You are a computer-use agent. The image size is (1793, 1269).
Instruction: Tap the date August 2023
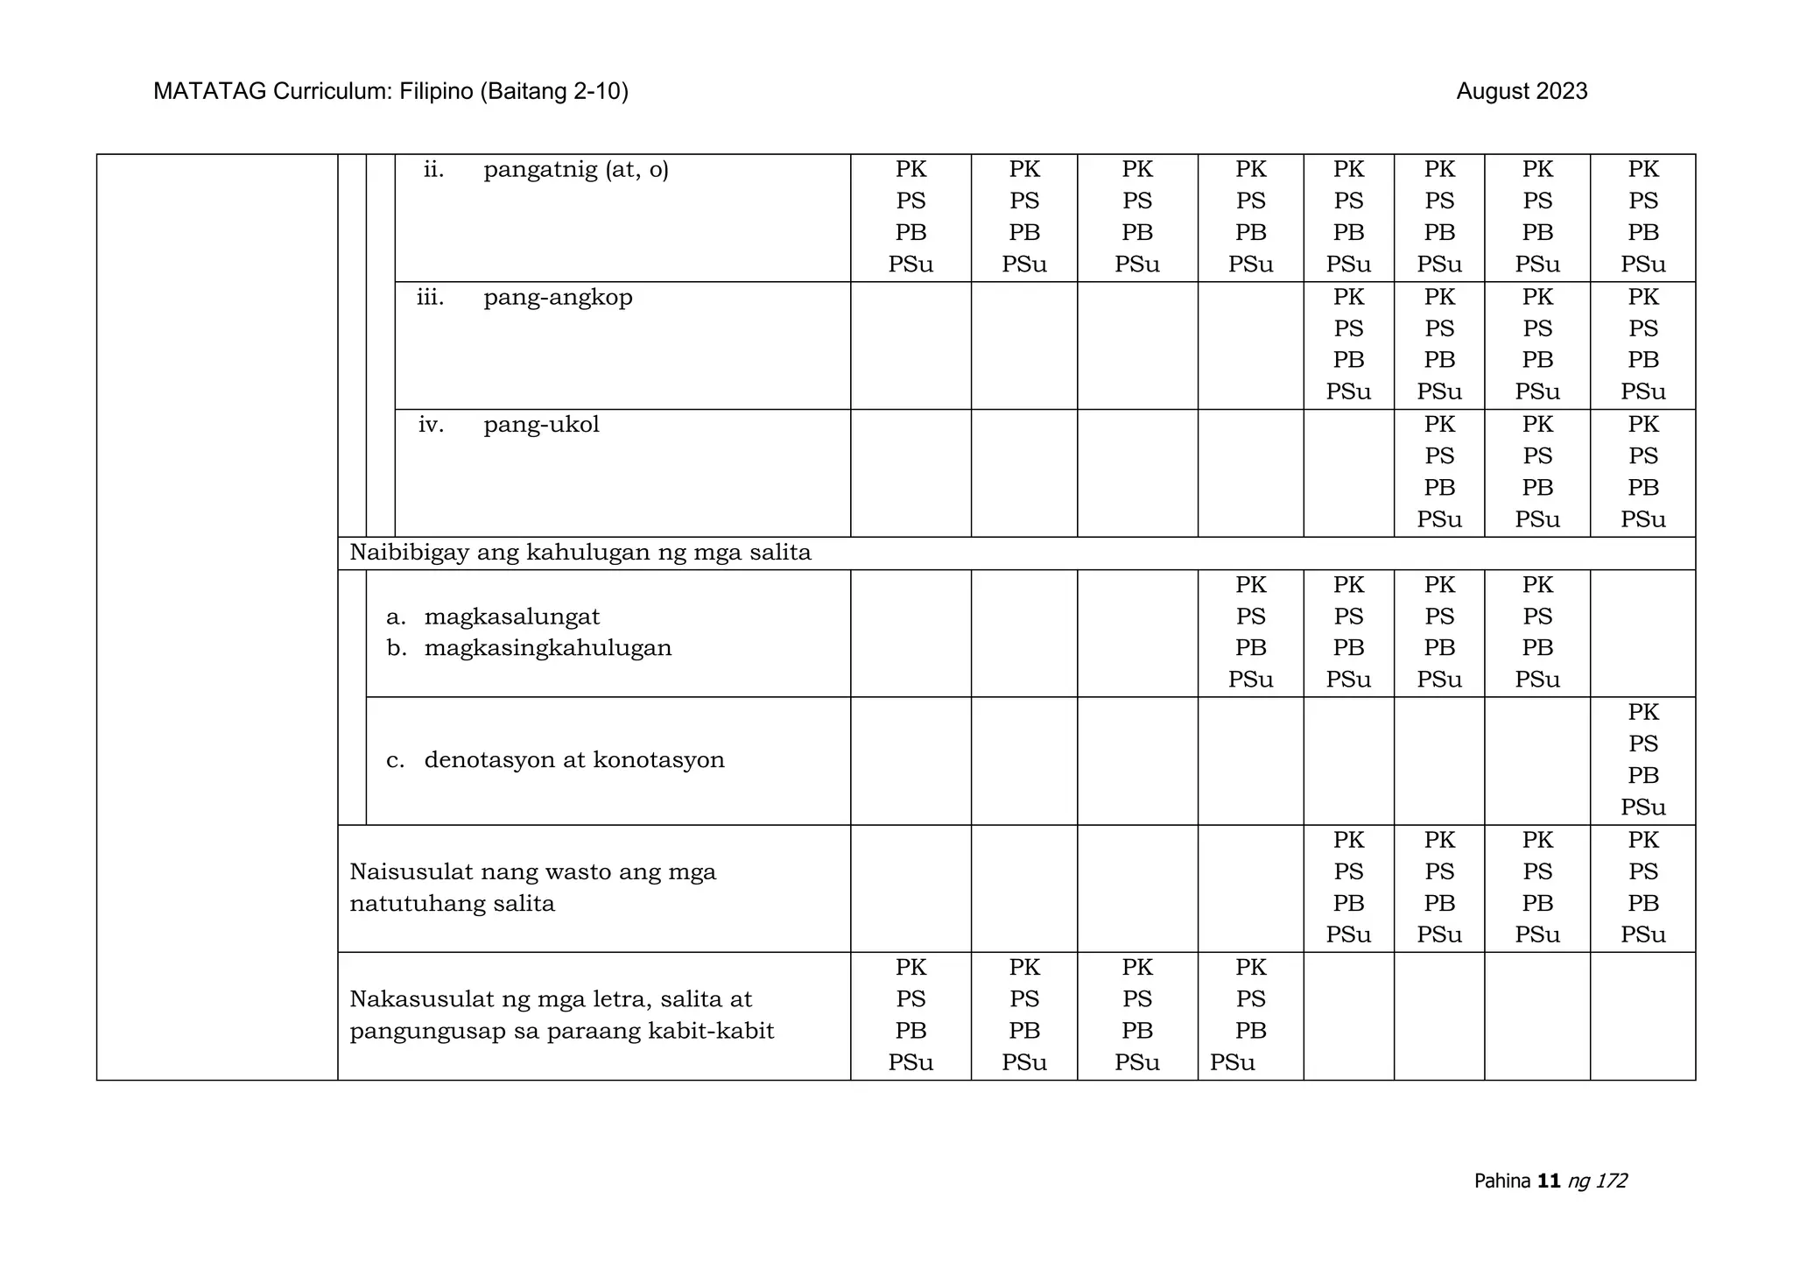click(1522, 92)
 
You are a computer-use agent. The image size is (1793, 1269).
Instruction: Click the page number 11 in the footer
click(1549, 1181)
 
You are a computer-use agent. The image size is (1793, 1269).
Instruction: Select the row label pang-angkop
click(558, 298)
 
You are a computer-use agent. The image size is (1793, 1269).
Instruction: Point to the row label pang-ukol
click(541, 426)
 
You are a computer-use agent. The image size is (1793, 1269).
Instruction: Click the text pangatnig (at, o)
click(576, 170)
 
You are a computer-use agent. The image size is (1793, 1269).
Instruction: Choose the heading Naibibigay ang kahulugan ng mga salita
click(580, 553)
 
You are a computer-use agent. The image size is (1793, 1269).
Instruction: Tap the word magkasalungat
click(512, 617)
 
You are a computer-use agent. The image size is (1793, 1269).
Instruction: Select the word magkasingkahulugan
click(548, 649)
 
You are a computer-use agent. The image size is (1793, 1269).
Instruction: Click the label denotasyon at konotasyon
click(574, 760)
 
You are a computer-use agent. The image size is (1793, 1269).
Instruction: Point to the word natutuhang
click(412, 904)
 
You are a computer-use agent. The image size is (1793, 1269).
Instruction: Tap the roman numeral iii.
click(430, 298)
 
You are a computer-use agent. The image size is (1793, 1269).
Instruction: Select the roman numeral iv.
click(431, 426)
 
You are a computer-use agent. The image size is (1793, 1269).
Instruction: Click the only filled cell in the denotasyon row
click(1642, 760)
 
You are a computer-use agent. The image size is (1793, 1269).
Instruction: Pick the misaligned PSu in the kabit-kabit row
click(1233, 1063)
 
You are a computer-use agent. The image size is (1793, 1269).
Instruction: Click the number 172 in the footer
click(1610, 1181)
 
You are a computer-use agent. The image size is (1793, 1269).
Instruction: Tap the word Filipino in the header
click(436, 92)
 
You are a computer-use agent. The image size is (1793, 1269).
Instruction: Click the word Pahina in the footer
click(1502, 1181)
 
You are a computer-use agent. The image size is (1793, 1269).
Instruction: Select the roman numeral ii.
click(433, 170)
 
